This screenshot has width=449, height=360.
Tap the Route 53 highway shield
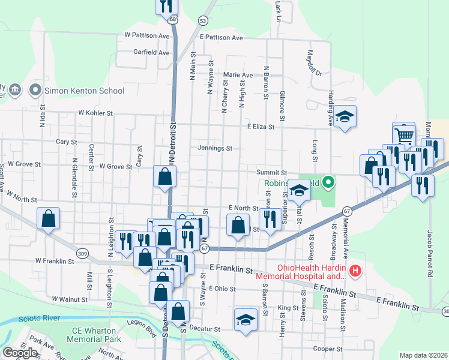click(203, 21)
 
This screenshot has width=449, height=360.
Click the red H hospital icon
click(355, 272)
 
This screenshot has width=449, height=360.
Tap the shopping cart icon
click(404, 134)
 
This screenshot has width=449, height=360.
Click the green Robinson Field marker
click(328, 181)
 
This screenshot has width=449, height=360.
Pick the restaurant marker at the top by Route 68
click(166, 6)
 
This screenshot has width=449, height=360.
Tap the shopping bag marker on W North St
click(49, 219)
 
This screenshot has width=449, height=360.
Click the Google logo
click(20, 353)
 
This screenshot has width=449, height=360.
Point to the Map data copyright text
click(424, 355)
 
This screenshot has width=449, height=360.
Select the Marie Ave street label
click(238, 75)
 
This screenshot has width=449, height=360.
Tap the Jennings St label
click(215, 148)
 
